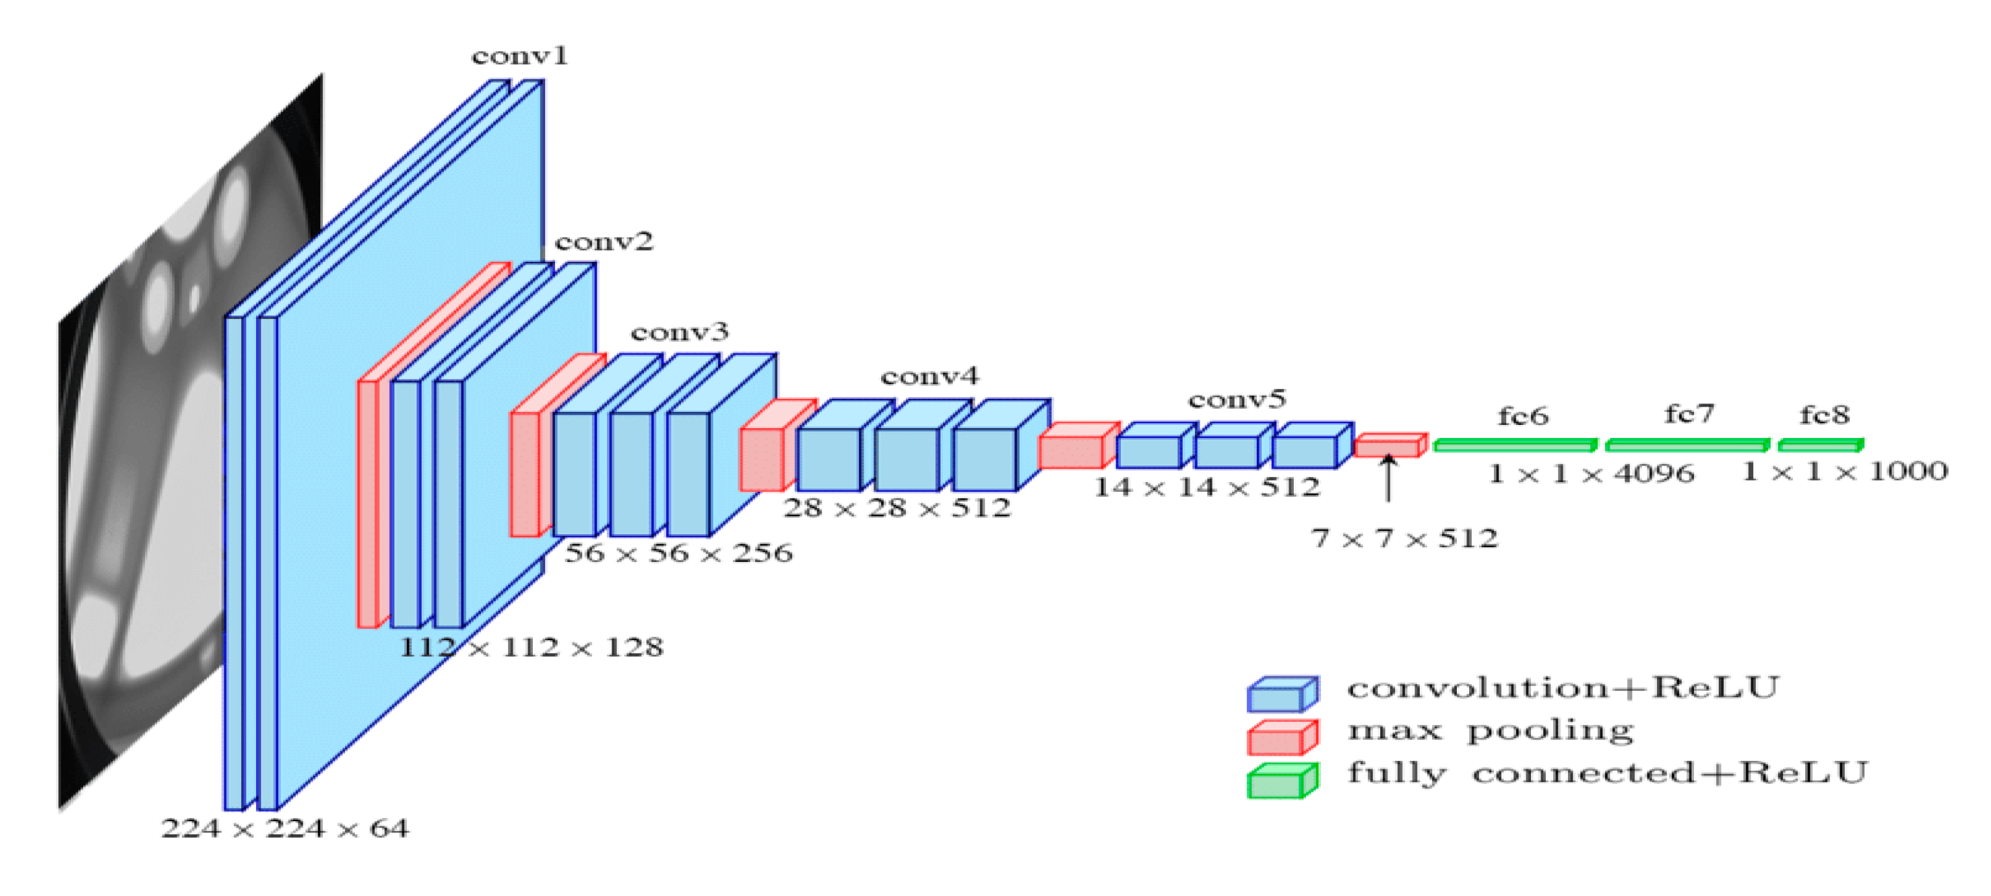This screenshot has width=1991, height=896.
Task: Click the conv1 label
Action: click(519, 57)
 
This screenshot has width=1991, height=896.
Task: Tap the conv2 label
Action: click(604, 242)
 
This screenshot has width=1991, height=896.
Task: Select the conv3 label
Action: click(680, 333)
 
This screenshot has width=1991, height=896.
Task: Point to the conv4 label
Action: click(929, 376)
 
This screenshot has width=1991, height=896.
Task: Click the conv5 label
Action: click(1237, 400)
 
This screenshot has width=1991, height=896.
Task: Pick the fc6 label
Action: click(1522, 416)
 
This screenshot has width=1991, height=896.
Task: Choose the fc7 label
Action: click(1689, 415)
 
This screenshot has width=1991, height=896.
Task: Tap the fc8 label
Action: click(1825, 415)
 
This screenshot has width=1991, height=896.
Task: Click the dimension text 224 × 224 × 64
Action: click(285, 828)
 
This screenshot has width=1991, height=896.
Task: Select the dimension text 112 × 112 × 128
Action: click(531, 647)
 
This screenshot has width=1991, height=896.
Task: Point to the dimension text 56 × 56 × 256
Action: click(678, 553)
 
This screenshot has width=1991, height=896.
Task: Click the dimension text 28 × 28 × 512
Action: click(897, 508)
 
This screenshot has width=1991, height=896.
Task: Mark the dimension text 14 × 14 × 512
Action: click(1207, 487)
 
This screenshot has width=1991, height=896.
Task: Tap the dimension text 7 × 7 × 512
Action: click(1404, 538)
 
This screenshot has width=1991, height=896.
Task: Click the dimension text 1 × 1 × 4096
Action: click(1591, 473)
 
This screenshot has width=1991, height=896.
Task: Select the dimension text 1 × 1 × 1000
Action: click(1844, 471)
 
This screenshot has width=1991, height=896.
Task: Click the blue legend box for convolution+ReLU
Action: click(1282, 694)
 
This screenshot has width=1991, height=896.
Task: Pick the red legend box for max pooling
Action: click(1282, 737)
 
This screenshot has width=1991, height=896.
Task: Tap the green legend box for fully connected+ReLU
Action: click(1282, 780)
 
